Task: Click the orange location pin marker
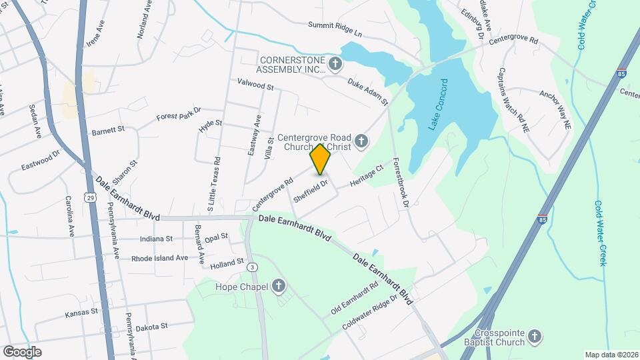coord(321,159)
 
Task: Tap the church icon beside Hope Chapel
coord(279,287)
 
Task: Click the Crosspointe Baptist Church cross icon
coord(534,338)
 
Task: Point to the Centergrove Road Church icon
coord(361,141)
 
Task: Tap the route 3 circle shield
coord(252,267)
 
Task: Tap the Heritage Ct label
coord(367,177)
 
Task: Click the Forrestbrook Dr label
coord(399,183)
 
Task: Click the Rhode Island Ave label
coord(159,258)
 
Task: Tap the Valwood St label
coord(255,85)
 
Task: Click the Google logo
coord(22,351)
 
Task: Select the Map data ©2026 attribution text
coord(610,355)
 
